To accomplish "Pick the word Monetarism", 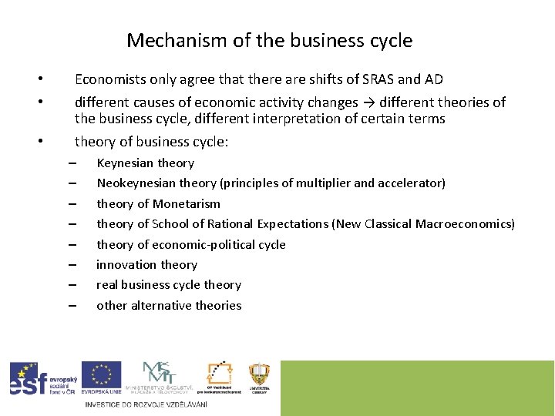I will (187, 204).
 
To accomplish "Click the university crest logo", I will (259, 377).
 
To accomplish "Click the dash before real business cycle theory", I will (72, 285).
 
